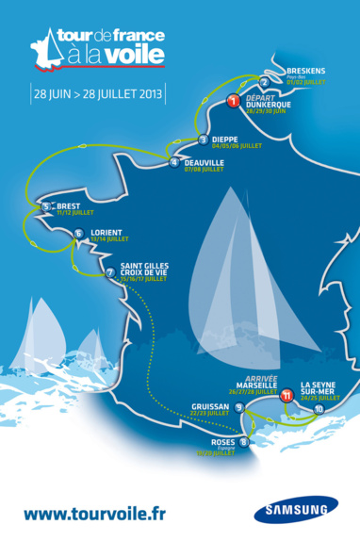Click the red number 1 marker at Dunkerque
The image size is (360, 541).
tap(233, 101)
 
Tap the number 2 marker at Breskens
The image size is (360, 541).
tap(264, 82)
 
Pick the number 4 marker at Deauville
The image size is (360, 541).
tap(173, 162)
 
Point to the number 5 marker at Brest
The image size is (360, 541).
tap(45, 206)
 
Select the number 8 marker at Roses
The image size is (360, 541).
tap(244, 441)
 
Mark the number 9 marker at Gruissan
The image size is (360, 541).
tap(239, 408)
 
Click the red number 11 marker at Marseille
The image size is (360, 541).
tap(286, 398)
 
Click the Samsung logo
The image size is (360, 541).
tap(294, 510)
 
